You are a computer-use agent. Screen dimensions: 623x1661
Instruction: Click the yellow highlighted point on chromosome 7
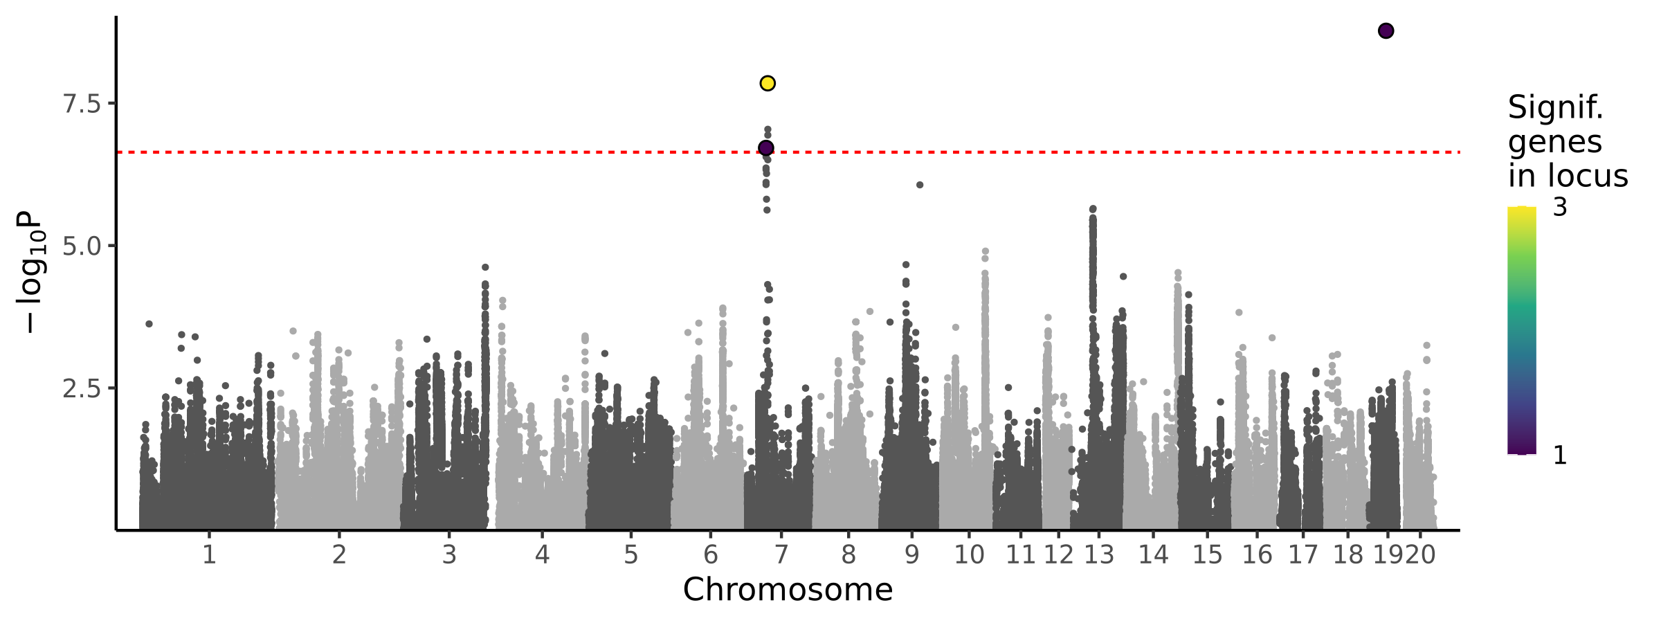(768, 83)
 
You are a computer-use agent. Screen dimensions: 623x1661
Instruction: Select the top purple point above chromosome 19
(1386, 30)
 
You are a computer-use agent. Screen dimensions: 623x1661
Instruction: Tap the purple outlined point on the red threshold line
(766, 147)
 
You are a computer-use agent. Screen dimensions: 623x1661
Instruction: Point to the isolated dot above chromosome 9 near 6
(920, 185)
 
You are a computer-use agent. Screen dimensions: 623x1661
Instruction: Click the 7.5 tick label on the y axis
(81, 104)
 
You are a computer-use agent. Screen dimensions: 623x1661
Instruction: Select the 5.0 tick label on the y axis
(81, 246)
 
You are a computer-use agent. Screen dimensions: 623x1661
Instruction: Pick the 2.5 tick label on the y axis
(81, 388)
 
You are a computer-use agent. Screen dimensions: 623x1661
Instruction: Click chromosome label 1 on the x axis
(209, 555)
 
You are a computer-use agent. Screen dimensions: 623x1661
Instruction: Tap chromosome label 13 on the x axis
(1099, 555)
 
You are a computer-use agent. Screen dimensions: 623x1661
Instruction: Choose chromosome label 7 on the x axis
(781, 555)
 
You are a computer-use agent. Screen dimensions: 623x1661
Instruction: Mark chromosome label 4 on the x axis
(542, 555)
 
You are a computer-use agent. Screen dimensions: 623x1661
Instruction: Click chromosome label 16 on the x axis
(1257, 555)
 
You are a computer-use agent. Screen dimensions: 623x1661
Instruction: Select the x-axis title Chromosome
(788, 590)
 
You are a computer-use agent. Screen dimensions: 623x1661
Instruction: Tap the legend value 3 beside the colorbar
(1560, 208)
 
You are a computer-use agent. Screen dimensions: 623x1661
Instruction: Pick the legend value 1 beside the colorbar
(1560, 455)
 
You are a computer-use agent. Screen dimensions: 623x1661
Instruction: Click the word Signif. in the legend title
(1555, 108)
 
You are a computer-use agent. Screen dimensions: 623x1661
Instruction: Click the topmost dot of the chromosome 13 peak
(1093, 209)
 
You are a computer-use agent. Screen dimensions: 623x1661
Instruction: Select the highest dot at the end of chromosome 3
(485, 267)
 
